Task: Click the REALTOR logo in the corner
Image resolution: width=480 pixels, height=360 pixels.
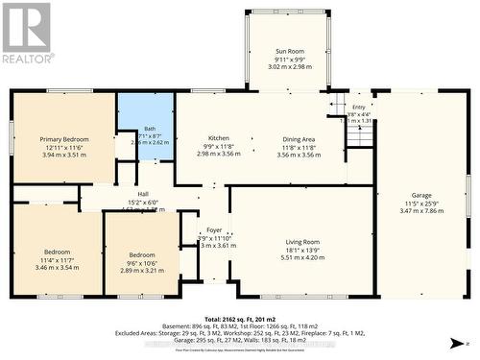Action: point(26,33)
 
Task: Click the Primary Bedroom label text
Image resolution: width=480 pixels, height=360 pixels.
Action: point(64,139)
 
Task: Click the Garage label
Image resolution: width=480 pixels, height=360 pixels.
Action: point(421,195)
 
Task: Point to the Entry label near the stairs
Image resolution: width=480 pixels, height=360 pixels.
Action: point(359,107)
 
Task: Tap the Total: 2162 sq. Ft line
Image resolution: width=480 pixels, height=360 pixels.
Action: point(239,317)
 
